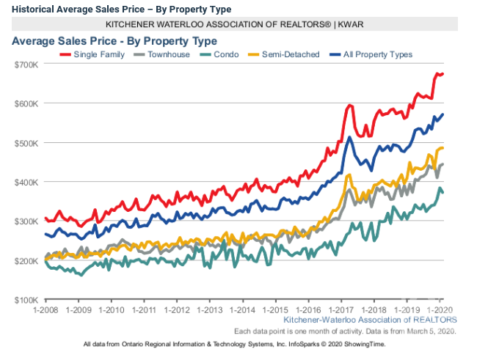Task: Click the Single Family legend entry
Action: click(103, 54)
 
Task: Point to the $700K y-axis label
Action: click(26, 65)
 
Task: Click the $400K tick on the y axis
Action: click(26, 182)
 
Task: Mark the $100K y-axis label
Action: click(26, 300)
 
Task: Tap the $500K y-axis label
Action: click(26, 143)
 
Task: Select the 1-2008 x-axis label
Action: click(45, 310)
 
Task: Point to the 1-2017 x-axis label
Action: click(341, 310)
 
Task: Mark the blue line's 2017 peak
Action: click(350, 138)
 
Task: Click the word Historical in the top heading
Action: click(33, 9)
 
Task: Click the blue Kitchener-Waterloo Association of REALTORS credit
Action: click(370, 320)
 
